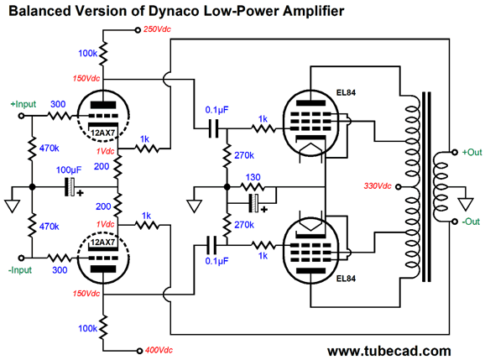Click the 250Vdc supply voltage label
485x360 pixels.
[x=157, y=29]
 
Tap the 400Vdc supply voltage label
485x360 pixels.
[x=159, y=350]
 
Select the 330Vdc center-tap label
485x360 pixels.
[x=378, y=186]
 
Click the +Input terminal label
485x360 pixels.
[x=23, y=104]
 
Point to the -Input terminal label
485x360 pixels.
[x=20, y=270]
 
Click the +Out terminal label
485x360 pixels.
[x=472, y=152]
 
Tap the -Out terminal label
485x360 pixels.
[x=471, y=222]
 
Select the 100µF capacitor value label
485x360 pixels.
[x=69, y=170]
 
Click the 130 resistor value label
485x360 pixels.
[x=253, y=177]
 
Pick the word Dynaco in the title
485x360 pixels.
[x=174, y=11]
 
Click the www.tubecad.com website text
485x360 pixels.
[x=389, y=351]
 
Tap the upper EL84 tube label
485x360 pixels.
[x=346, y=92]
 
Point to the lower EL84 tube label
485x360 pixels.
[x=346, y=279]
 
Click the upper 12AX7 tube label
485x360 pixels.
[x=102, y=133]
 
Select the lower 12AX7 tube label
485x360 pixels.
[x=102, y=243]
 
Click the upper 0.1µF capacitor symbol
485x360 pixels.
[x=213, y=128]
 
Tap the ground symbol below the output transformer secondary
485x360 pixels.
[x=466, y=205]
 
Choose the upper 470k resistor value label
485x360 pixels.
[x=49, y=149]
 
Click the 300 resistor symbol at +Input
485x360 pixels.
[x=60, y=117]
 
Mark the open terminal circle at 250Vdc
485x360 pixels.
[x=138, y=30]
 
